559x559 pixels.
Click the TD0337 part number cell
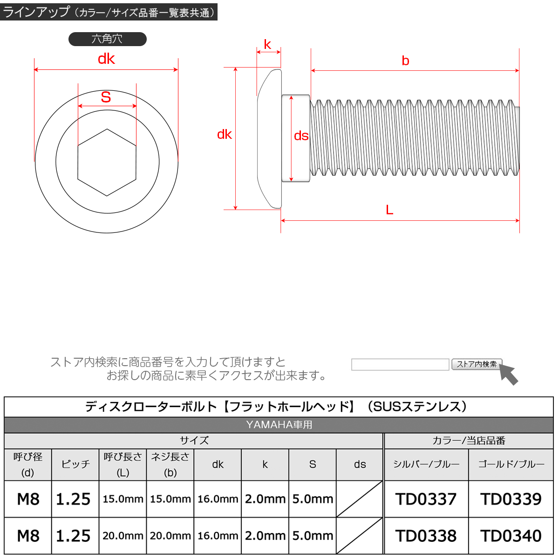pyautogui.click(x=426, y=499)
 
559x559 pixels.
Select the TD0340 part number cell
pyautogui.click(x=511, y=536)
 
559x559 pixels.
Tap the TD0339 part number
pyautogui.click(x=511, y=499)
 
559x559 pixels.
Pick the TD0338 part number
pyautogui.click(x=426, y=536)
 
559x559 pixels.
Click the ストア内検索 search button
pyautogui.click(x=477, y=364)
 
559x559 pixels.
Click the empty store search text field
pyautogui.click(x=400, y=364)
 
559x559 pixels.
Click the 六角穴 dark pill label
pyautogui.click(x=107, y=39)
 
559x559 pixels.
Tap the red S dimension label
pyautogui.click(x=106, y=97)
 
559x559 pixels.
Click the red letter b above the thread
pyautogui.click(x=405, y=61)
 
